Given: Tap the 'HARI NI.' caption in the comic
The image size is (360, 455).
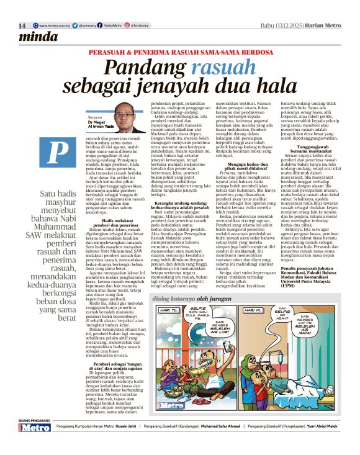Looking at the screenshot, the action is tap(254, 327).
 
